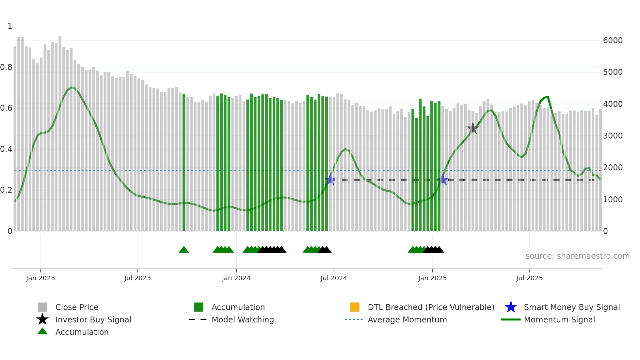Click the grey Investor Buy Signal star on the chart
[x=472, y=128]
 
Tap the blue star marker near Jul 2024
[x=330, y=179]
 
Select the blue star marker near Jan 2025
[x=443, y=179]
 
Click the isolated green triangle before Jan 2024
[x=184, y=250]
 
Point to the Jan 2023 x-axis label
[x=40, y=278]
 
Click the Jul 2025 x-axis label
[x=529, y=278]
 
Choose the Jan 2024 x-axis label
[x=236, y=278]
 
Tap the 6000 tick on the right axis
[x=613, y=41]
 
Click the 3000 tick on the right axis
[x=613, y=136]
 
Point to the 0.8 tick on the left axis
[x=7, y=67]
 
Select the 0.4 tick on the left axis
[x=7, y=149]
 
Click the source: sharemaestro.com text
[x=577, y=256]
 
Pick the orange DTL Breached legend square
[x=355, y=307]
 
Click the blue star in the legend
[x=511, y=307]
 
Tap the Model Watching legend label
[x=243, y=319]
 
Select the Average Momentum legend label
[x=407, y=319]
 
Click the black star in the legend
[x=42, y=319]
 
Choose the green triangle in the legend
[x=42, y=331]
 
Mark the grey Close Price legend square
[x=42, y=307]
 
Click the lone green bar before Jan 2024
[x=184, y=163]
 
